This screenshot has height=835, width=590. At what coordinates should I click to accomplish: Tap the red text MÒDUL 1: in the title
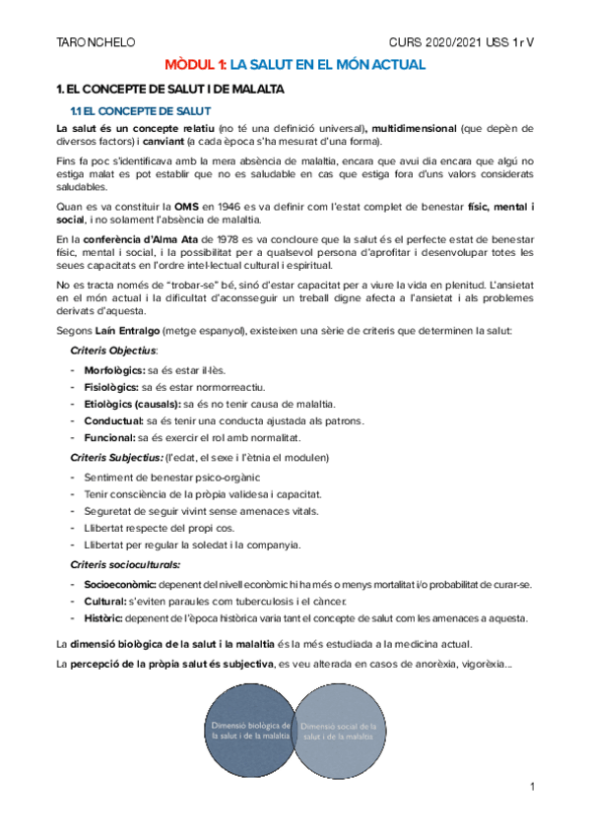(194, 65)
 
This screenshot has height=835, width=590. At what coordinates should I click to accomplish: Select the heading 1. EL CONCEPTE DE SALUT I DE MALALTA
(170, 90)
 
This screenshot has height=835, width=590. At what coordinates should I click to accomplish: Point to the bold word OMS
(187, 206)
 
